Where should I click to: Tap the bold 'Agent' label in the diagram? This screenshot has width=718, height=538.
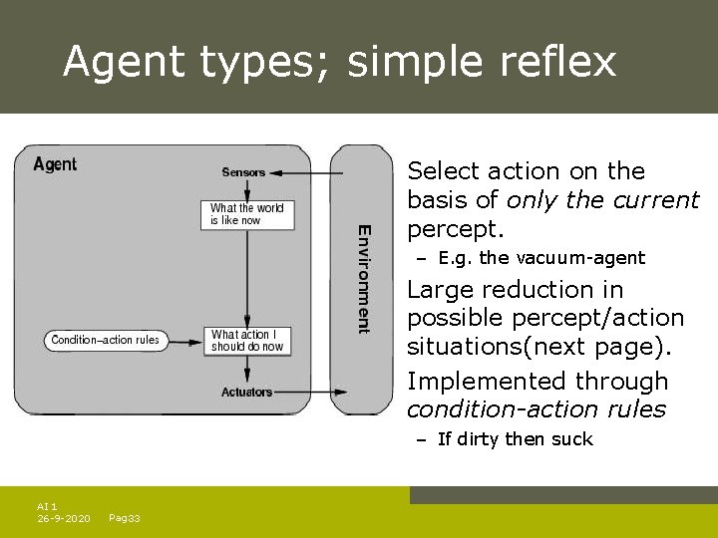[55, 164]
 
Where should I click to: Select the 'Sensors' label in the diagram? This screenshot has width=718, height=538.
[243, 172]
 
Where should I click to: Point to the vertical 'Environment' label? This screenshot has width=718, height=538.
[364, 278]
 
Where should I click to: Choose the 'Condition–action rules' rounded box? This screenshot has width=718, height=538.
[105, 341]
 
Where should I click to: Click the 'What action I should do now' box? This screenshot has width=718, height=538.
[247, 341]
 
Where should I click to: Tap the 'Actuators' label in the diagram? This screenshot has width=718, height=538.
[246, 392]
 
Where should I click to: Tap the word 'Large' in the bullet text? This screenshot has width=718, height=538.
[442, 290]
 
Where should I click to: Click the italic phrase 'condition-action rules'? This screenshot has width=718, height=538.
[536, 409]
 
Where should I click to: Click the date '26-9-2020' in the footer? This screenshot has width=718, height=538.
[64, 518]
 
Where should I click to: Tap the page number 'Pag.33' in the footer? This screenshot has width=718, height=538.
[124, 518]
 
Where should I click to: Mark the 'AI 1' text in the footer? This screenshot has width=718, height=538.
[47, 506]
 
